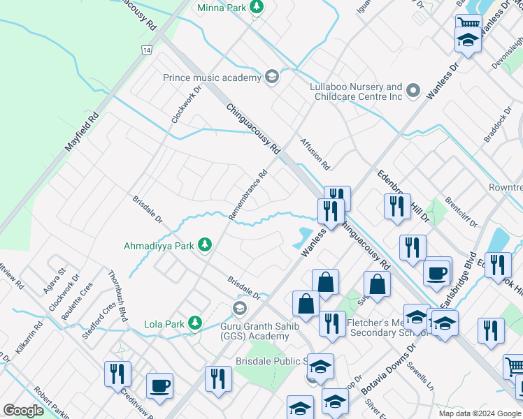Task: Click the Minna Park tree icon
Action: click(257, 6)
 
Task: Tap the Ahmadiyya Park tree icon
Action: click(205, 244)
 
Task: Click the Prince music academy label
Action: click(211, 78)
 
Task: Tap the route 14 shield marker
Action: click(146, 50)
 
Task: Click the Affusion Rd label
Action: click(315, 154)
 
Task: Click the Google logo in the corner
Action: click(24, 411)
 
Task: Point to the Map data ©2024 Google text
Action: click(479, 413)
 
